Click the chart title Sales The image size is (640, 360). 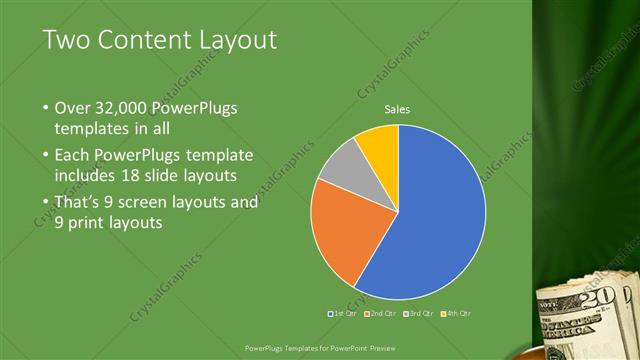[x=398, y=109]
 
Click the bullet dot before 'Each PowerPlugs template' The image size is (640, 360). [x=45, y=156]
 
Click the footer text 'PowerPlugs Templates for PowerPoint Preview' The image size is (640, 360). [x=319, y=348]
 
